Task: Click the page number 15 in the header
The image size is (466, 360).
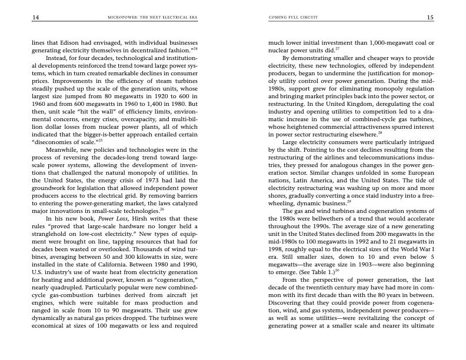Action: [x=430, y=18]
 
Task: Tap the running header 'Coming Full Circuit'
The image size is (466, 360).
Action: [x=288, y=18]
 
